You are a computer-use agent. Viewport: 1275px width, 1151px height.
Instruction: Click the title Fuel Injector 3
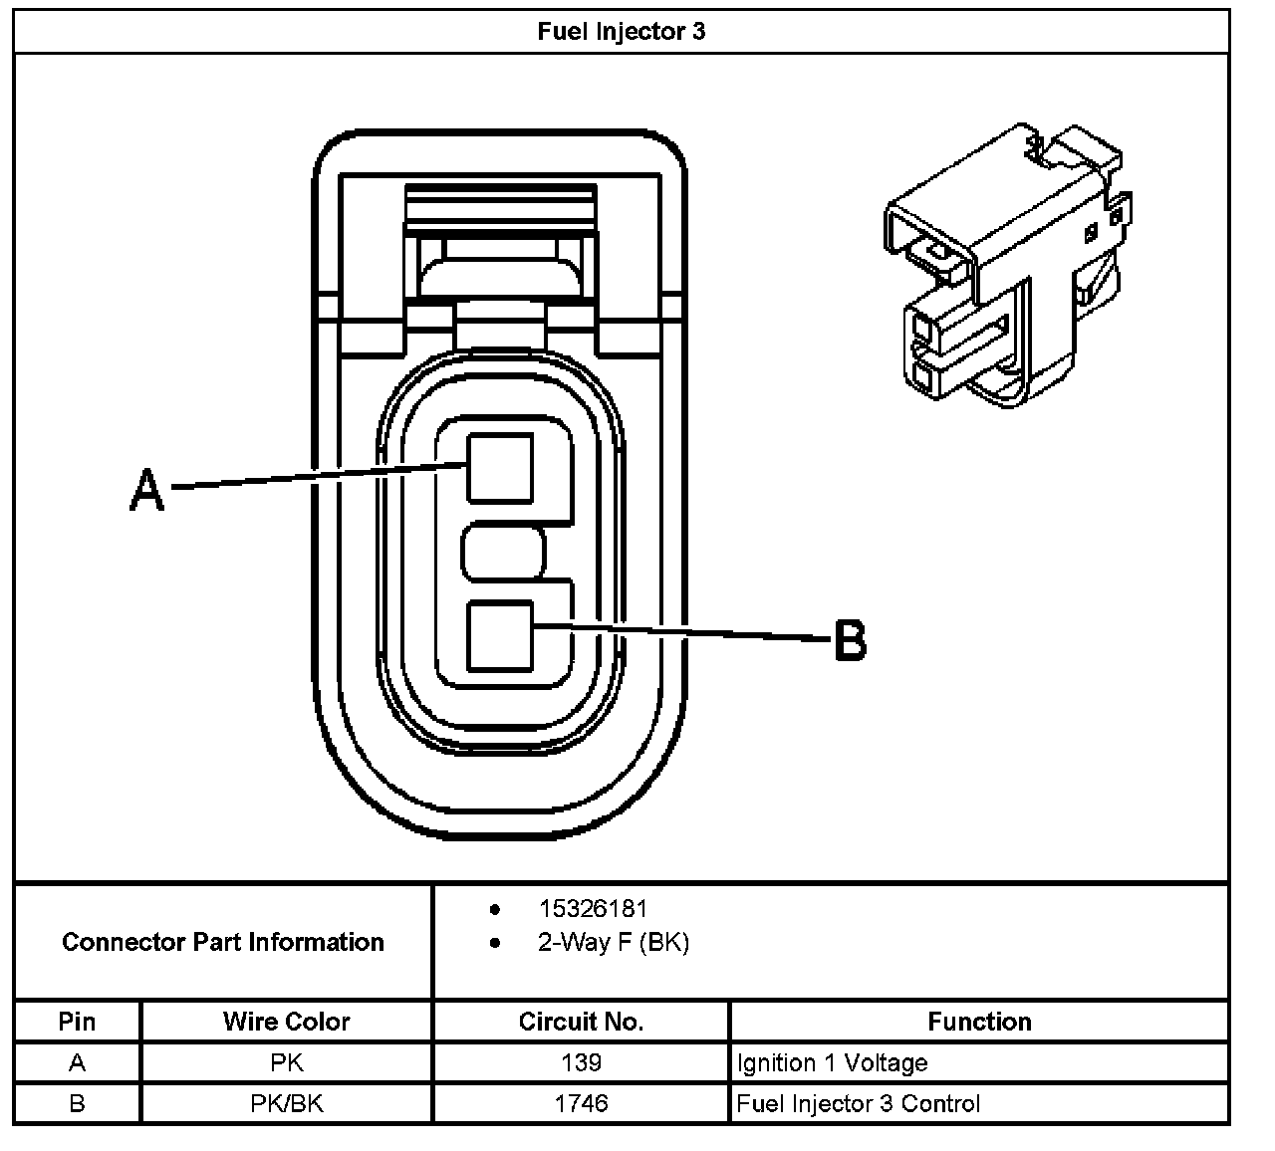[621, 31]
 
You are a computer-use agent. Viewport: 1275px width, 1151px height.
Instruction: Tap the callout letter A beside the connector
[147, 490]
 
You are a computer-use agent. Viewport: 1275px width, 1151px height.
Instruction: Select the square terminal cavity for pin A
[500, 467]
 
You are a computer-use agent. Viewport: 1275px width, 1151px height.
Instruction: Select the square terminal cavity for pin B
[500, 635]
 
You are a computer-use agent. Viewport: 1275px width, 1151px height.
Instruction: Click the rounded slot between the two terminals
[504, 552]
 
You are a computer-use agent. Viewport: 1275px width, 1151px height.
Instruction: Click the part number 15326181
[593, 908]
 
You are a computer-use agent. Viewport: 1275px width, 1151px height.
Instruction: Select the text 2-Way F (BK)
[613, 942]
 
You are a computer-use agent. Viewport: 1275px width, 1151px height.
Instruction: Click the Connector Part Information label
[223, 942]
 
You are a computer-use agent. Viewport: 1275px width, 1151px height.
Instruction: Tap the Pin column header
[78, 1022]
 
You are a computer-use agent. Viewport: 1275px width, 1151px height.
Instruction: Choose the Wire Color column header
[287, 1022]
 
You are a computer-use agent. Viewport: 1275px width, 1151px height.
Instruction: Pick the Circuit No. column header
[581, 1022]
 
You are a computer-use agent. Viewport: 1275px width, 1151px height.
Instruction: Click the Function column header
[979, 1022]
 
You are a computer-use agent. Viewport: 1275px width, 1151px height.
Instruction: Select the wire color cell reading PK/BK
[287, 1103]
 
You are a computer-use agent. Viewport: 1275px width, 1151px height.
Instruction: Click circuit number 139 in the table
[581, 1062]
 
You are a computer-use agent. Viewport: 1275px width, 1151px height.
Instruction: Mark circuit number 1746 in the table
[581, 1103]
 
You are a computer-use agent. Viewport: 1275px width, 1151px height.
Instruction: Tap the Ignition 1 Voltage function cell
[832, 1062]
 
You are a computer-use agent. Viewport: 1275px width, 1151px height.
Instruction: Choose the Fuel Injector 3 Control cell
[858, 1103]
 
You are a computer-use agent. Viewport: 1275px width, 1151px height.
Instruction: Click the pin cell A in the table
[78, 1062]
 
